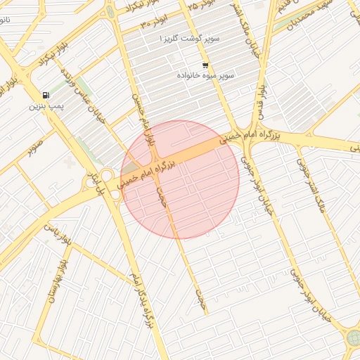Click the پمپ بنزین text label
click(x=46, y=107)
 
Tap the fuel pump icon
click(x=46, y=95)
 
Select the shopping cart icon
click(x=205, y=65)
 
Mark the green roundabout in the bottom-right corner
click(x=354, y=338)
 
